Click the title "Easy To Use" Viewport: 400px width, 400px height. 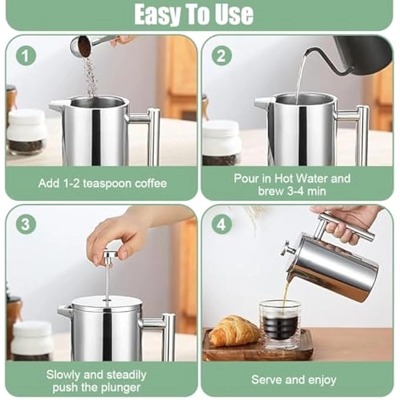pos(194,14)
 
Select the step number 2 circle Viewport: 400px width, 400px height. pos(222,56)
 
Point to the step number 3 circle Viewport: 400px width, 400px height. pos(26,224)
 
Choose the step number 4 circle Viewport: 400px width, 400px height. pos(222,224)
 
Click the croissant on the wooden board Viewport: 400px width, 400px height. pos(234,331)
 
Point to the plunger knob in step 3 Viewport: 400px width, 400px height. pos(109,255)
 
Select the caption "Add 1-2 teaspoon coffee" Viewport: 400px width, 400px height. pos(102,183)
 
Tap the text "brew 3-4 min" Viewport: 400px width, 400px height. pos(292,191)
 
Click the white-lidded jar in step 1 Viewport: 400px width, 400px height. pos(26,132)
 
